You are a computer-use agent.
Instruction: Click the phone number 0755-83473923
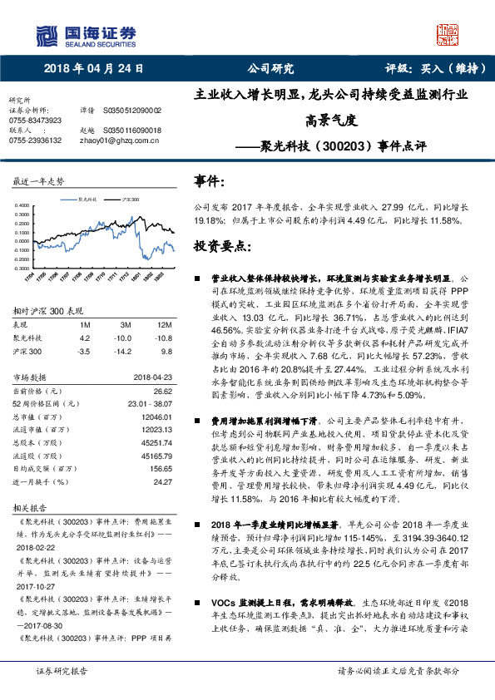point(35,120)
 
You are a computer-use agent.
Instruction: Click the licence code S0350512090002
point(132,110)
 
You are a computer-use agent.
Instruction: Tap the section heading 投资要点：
point(220,248)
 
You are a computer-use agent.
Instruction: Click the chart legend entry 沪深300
point(130,200)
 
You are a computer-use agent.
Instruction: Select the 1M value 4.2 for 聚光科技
point(84,338)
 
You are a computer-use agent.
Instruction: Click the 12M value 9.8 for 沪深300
point(166,350)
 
